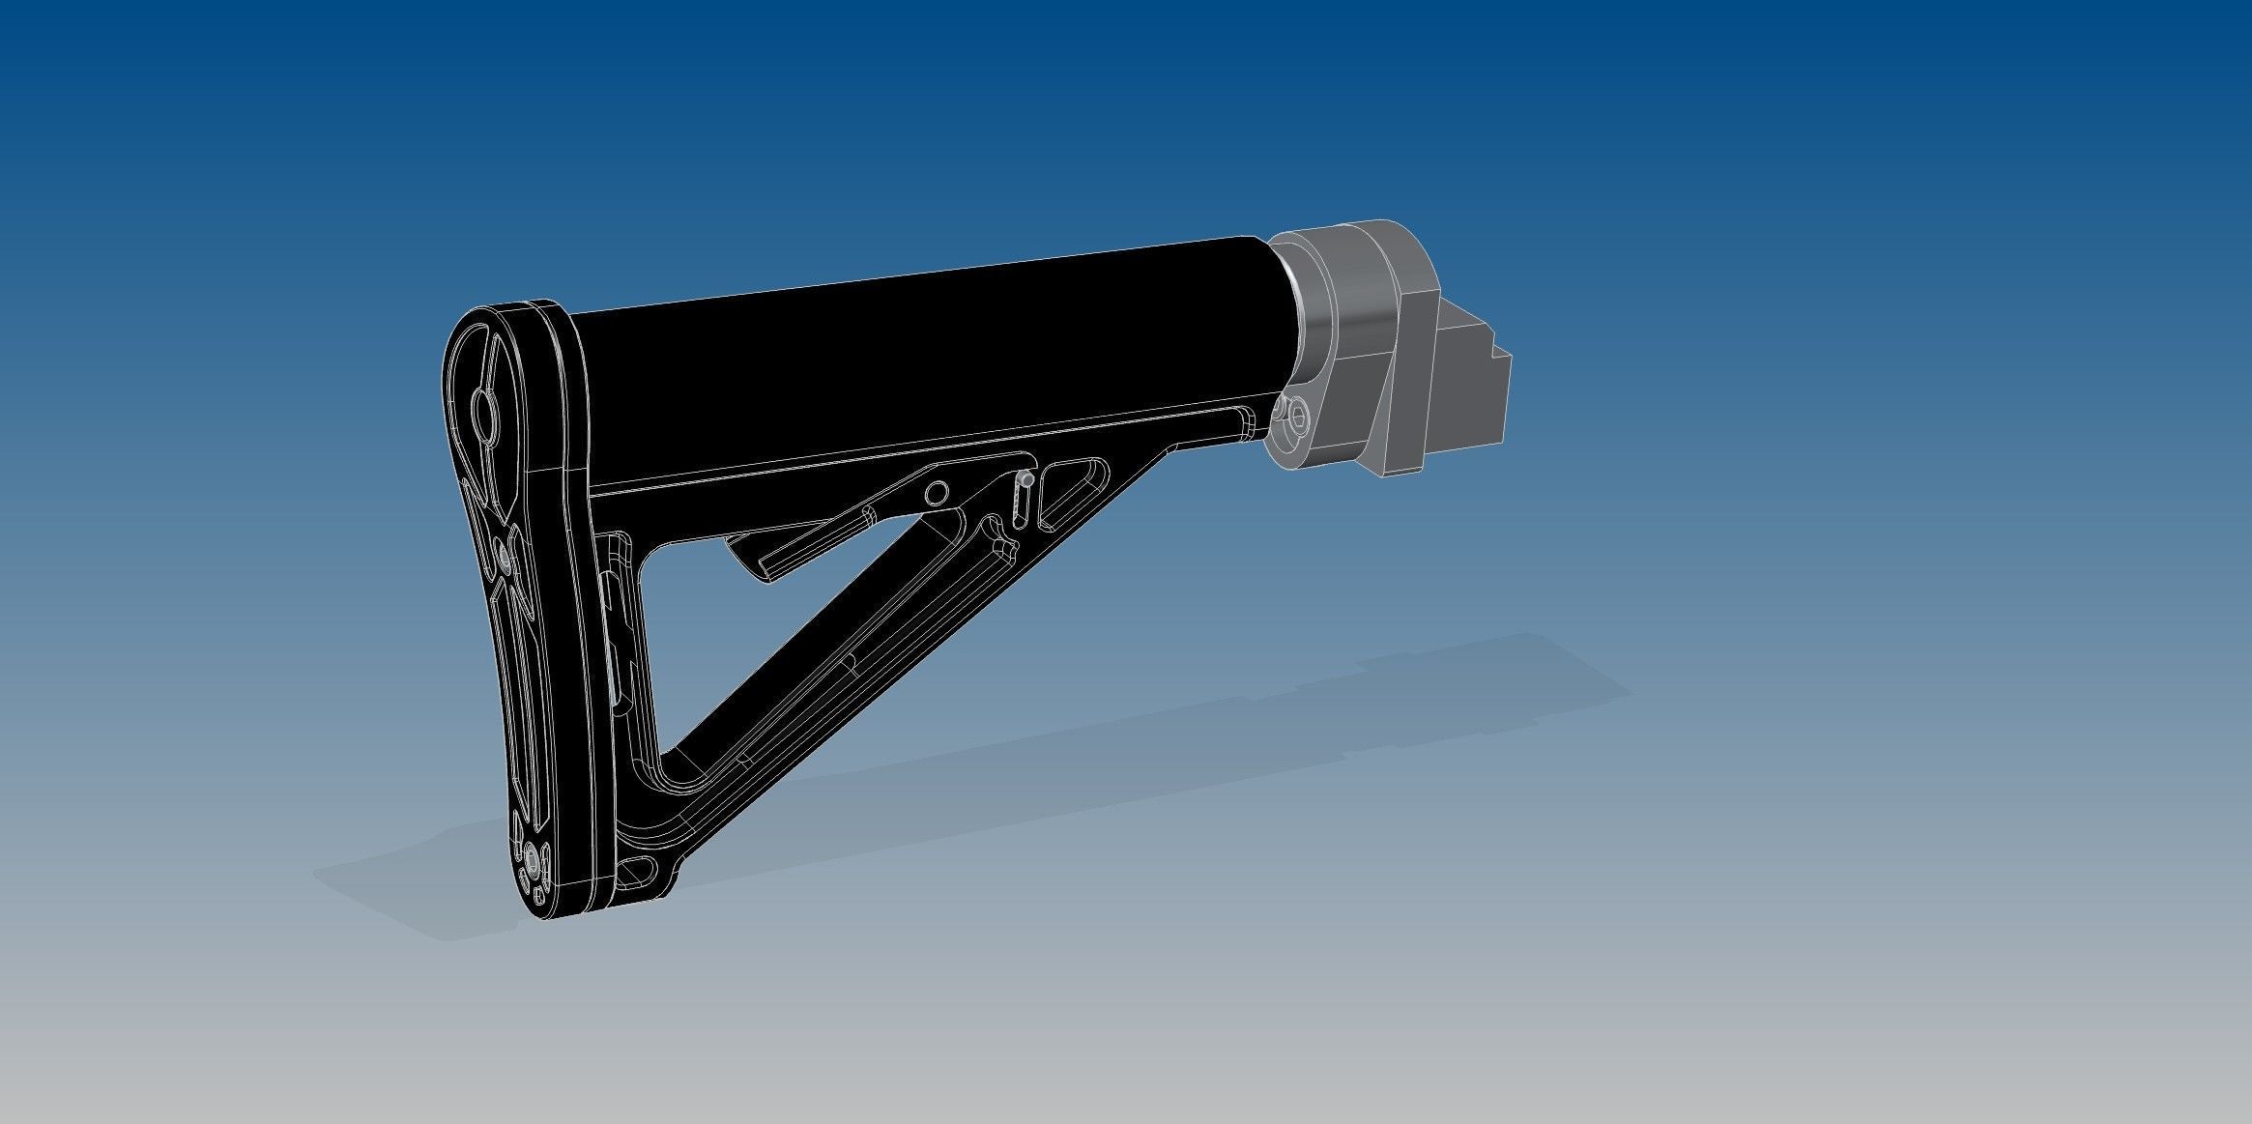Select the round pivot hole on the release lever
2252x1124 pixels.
934,495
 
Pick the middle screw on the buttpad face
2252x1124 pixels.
504,554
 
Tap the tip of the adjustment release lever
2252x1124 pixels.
764,570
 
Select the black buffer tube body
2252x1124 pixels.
918,367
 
